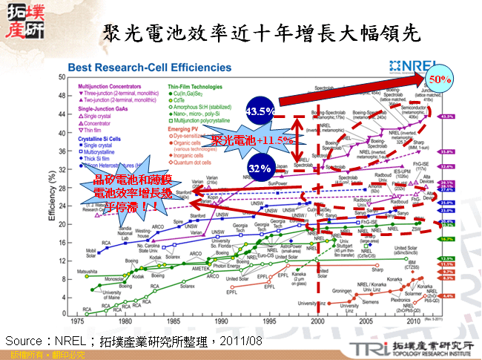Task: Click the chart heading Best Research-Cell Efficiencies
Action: click(145, 68)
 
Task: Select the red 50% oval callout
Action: click(442, 77)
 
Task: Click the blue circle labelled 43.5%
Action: click(260, 111)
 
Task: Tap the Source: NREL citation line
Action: click(133, 340)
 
